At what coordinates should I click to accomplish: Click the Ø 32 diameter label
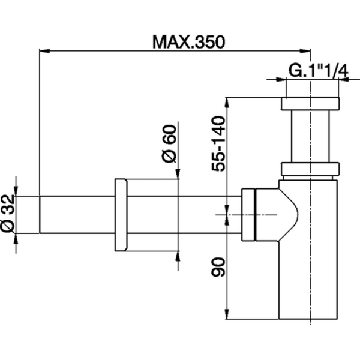pos(8,215)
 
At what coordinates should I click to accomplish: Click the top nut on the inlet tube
pos(310,104)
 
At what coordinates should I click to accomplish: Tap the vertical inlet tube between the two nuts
pos(310,137)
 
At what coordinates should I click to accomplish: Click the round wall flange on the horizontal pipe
pos(120,215)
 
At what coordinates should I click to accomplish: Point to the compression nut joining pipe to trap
pos(250,214)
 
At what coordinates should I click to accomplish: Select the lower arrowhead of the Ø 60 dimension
pos(178,254)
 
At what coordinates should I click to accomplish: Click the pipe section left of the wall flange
pos(75,215)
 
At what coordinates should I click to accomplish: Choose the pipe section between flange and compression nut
pos(180,215)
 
